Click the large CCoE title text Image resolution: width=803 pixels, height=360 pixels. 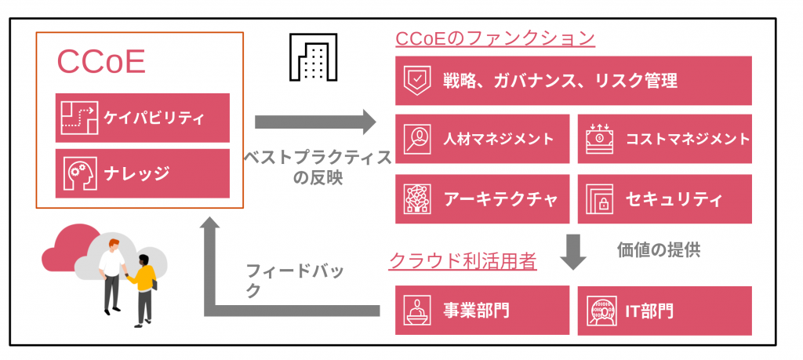point(102,64)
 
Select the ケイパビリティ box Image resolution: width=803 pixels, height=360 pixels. point(143,118)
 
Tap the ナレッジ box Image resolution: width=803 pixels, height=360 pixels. point(143,173)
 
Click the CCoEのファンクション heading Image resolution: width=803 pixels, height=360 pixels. point(495,38)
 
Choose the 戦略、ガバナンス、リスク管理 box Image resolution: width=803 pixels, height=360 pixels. point(573,80)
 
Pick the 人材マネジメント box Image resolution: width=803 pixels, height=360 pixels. point(482,140)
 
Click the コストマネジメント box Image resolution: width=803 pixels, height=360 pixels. point(664,140)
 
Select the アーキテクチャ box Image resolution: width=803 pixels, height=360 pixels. point(482,198)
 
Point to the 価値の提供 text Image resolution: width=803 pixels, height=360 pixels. point(659,250)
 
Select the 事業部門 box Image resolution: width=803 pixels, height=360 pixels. point(482,310)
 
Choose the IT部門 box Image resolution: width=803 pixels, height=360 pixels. point(664,310)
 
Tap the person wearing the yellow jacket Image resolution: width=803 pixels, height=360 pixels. point(144,286)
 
